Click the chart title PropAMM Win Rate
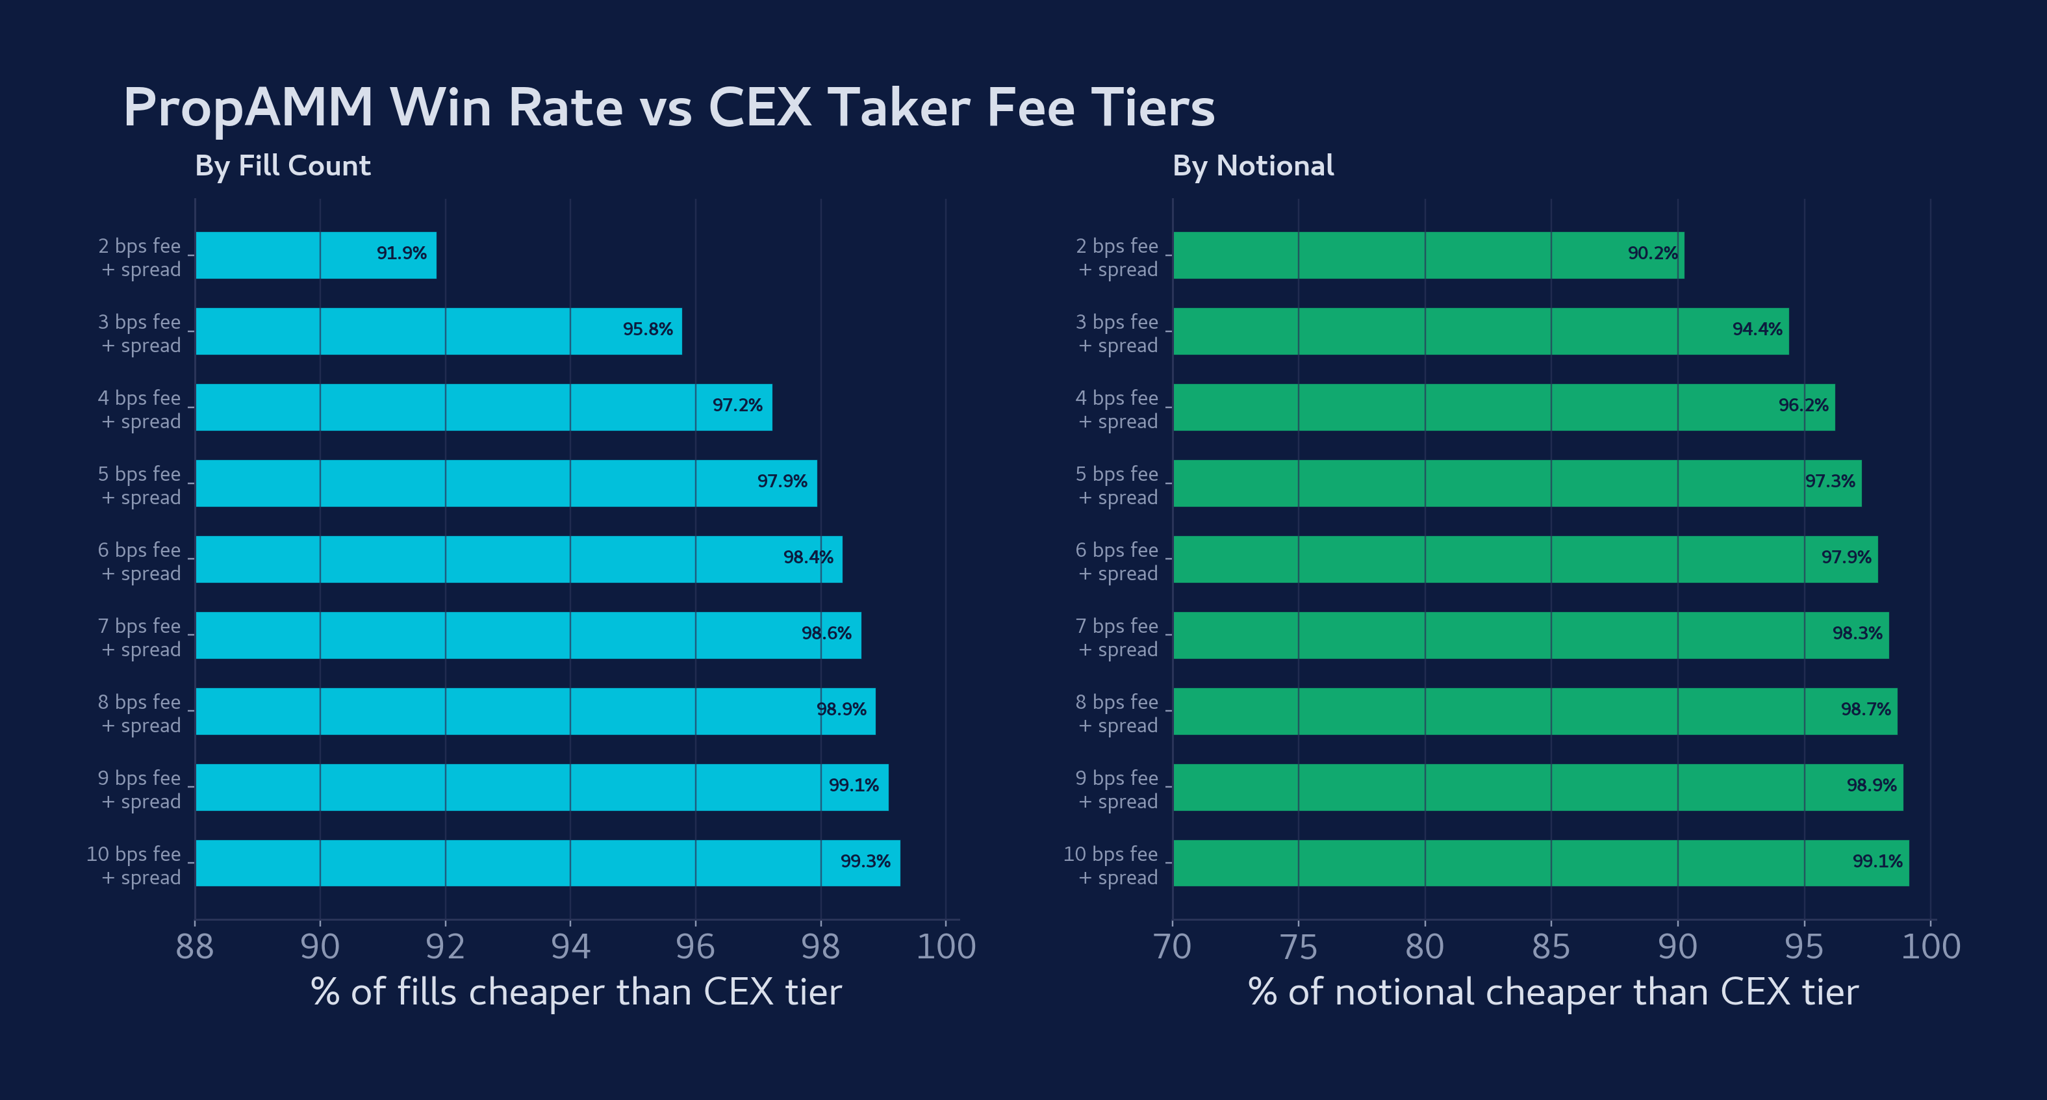tap(668, 107)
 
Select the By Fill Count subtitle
tap(282, 165)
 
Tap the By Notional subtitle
tap(1252, 165)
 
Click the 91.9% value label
tap(401, 253)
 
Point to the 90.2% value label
tap(1652, 253)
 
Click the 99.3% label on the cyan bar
tap(865, 862)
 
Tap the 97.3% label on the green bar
tap(1829, 481)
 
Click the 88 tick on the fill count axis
tap(195, 947)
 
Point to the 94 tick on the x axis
tap(570, 947)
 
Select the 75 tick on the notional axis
tap(1299, 947)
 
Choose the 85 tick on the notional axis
tap(1551, 947)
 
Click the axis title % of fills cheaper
tap(576, 992)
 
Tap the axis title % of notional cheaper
tap(1553, 992)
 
